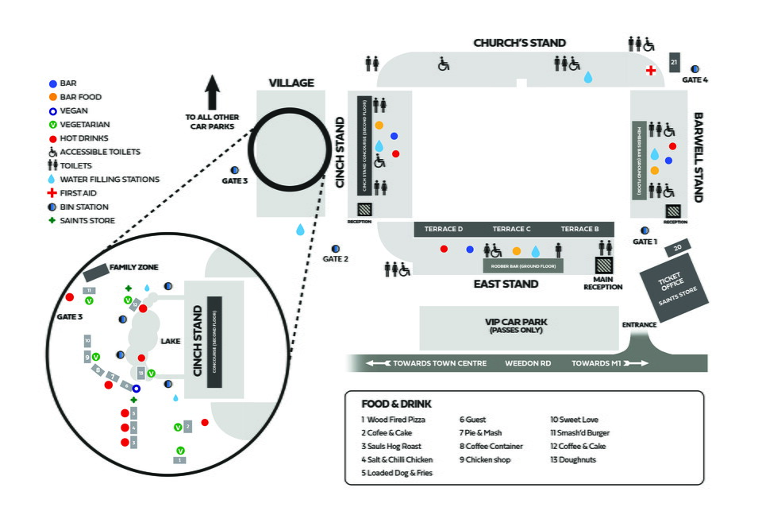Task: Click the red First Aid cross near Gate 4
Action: point(651,71)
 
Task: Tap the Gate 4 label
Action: point(695,80)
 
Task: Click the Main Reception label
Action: point(603,283)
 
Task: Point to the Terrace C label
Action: point(511,230)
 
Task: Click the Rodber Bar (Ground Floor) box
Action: point(523,265)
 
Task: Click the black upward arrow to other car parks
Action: point(212,92)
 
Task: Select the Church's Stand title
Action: point(519,43)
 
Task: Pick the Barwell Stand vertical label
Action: point(699,157)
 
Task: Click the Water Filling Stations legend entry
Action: point(110,180)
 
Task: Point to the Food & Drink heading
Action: point(396,404)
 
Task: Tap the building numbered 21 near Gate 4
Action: point(674,62)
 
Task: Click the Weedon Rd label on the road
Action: point(528,364)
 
